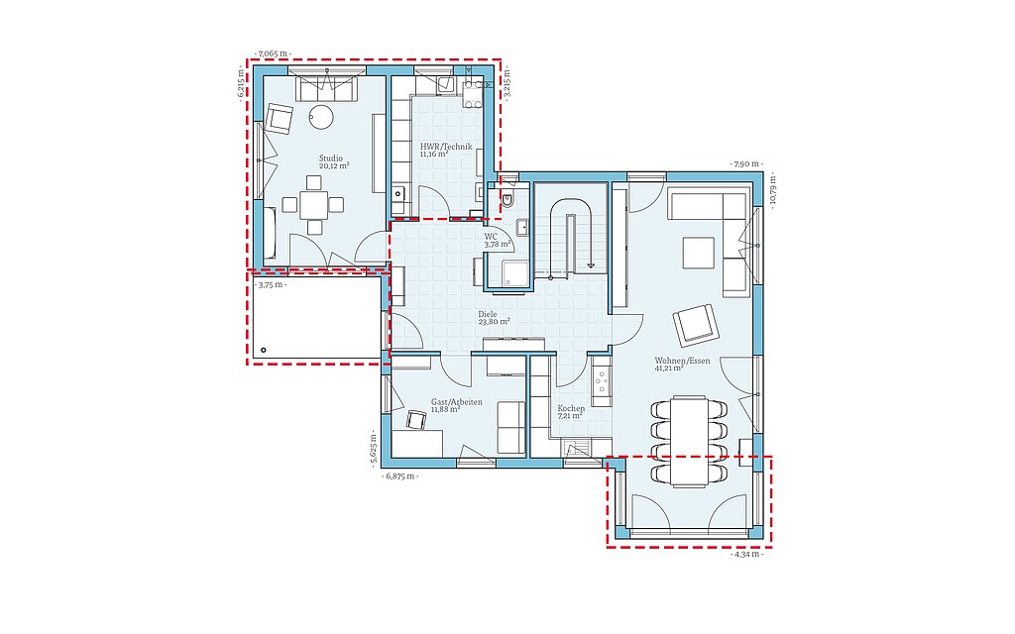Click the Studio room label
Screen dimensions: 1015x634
click(331, 158)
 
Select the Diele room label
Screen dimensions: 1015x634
click(488, 314)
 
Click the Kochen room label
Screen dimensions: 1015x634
click(571, 409)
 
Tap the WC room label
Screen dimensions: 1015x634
click(491, 236)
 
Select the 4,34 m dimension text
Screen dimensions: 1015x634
click(746, 555)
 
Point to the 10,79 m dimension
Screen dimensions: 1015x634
click(774, 191)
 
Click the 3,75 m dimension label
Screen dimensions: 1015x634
click(271, 284)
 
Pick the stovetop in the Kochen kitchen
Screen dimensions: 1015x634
click(602, 381)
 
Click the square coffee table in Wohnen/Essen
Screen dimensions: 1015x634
click(699, 253)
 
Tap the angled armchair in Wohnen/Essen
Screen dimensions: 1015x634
click(696, 325)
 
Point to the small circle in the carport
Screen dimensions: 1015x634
click(263, 350)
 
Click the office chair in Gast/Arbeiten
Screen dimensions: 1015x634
click(415, 420)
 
